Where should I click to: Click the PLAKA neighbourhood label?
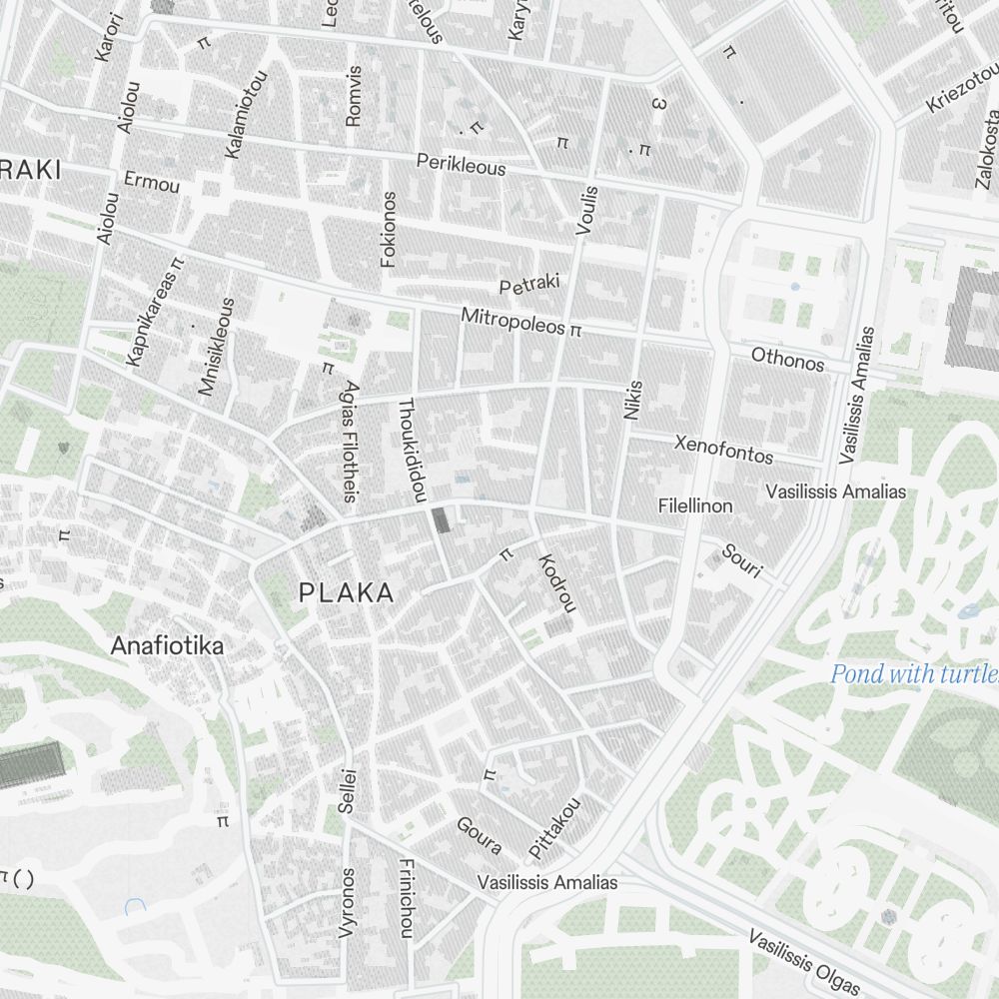[x=347, y=593]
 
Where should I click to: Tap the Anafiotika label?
[x=167, y=645]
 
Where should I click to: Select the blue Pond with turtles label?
[x=913, y=675]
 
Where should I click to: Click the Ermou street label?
[x=152, y=183]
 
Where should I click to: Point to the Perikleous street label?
[x=461, y=164]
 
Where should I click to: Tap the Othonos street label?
[x=787, y=358]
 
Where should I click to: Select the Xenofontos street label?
[x=723, y=449]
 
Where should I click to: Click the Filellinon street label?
[x=695, y=506]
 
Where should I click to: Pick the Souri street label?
[x=742, y=561]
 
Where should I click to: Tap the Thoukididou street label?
[x=413, y=450]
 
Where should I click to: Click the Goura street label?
[x=479, y=836]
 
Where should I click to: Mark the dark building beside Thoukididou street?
[x=441, y=520]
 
